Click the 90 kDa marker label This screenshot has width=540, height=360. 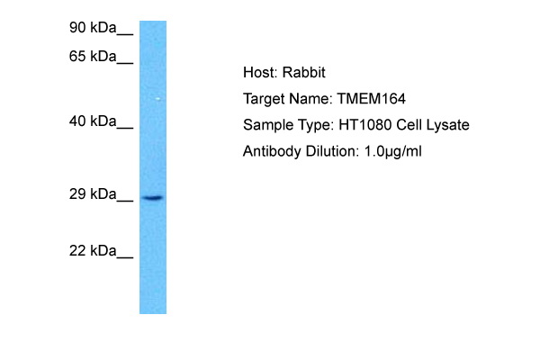pyautogui.click(x=93, y=27)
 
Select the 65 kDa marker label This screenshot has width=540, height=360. pyautogui.click(x=93, y=56)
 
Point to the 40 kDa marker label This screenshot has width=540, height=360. pyautogui.click(x=93, y=121)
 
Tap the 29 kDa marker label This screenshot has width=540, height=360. pyautogui.click(x=93, y=194)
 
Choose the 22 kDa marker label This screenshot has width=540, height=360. pyautogui.click(x=93, y=250)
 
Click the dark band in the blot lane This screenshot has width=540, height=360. pyautogui.click(x=153, y=198)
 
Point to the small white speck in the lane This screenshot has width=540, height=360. pyautogui.click(x=158, y=99)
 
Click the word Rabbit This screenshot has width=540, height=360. pyautogui.click(x=304, y=72)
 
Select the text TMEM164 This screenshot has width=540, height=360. pyautogui.click(x=371, y=98)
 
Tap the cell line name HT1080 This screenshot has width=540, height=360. pyautogui.click(x=365, y=124)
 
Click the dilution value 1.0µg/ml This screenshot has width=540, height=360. pyautogui.click(x=393, y=151)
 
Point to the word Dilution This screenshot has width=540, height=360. pyautogui.click(x=332, y=151)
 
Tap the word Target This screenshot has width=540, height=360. pyautogui.click(x=264, y=99)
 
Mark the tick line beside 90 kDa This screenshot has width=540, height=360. pyautogui.click(x=125, y=34)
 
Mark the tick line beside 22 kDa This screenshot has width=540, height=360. pyautogui.click(x=125, y=257)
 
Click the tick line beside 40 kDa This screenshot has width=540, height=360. pyautogui.click(x=125, y=128)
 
